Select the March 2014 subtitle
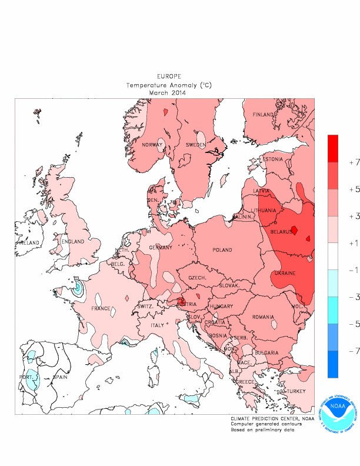[x=168, y=92]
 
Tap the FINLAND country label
[x=264, y=115]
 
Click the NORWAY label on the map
[x=152, y=145]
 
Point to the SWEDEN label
[x=195, y=145]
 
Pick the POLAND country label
[x=222, y=250]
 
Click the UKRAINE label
[x=284, y=274]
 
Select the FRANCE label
[x=101, y=308]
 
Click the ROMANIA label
[x=264, y=317]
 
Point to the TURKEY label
[x=295, y=392]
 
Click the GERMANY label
[x=160, y=248]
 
